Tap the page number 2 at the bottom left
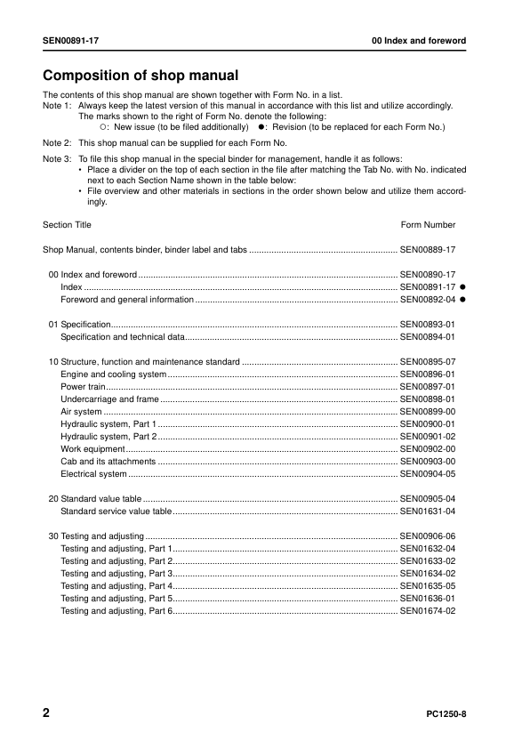coord(47,713)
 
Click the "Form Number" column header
coord(428,225)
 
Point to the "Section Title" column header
coord(67,225)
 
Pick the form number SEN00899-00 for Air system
coord(428,412)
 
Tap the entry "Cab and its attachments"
coord(108,462)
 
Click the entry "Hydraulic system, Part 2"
coord(108,437)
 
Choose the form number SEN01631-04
coord(428,511)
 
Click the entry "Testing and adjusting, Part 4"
coord(116,586)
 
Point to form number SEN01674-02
coord(428,611)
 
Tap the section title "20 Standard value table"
coord(94,499)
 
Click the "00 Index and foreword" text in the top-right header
coord(419,42)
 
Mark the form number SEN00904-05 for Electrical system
coord(428,474)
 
